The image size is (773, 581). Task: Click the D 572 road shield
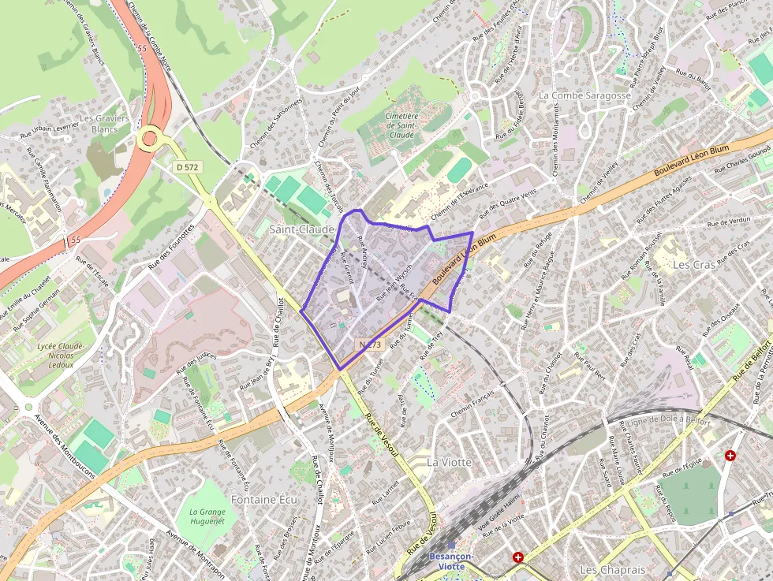pos(188,167)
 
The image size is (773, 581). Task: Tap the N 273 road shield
pos(370,345)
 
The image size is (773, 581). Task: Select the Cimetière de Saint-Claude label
pos(401,125)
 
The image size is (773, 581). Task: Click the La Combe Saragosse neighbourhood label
pos(584,95)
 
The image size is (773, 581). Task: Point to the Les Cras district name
pos(693,265)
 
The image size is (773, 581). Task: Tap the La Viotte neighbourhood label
pos(449,462)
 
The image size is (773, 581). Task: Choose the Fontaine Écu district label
pos(264,499)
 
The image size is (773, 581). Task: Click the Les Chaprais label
pos(612,569)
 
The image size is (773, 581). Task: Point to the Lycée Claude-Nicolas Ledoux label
pos(61,355)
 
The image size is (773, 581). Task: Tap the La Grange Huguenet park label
pos(207,516)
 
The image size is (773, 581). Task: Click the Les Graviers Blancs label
pos(104,124)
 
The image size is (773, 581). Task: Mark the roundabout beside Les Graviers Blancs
pos(148,140)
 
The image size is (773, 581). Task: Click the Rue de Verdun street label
pos(729,222)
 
